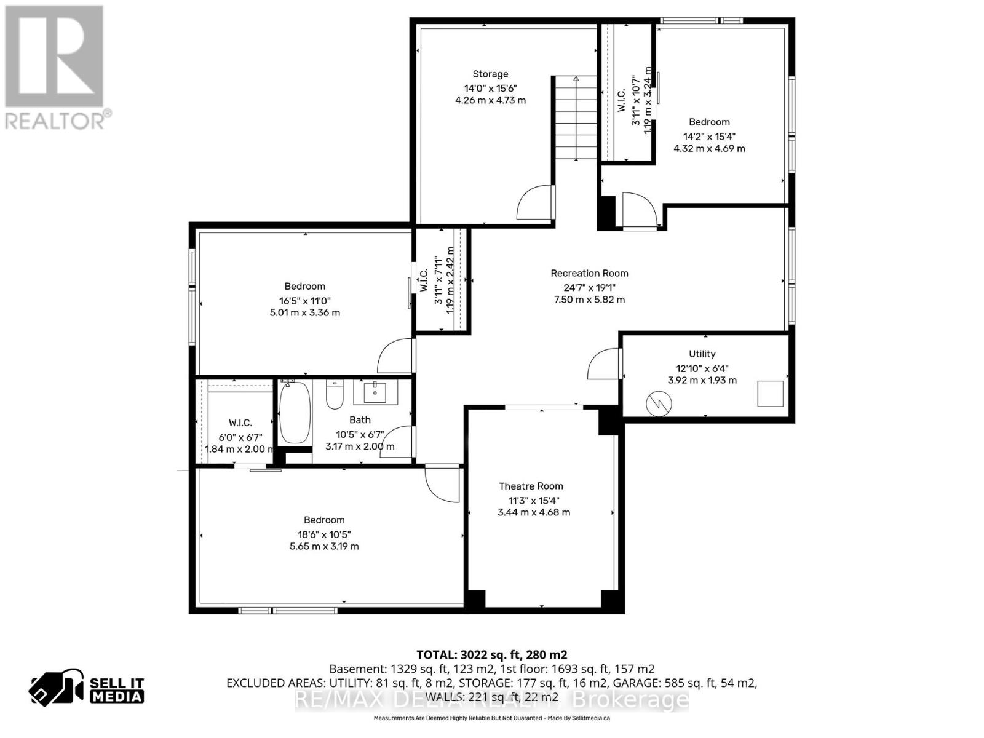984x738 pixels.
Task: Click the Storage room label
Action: [x=490, y=74]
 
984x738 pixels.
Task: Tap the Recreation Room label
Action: [x=589, y=273]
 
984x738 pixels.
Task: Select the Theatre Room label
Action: [x=531, y=486]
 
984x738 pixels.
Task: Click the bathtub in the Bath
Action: [x=294, y=412]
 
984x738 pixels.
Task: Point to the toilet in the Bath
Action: [x=334, y=395]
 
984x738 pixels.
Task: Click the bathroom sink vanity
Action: [x=375, y=392]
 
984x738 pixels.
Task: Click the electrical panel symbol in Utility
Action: [x=659, y=403]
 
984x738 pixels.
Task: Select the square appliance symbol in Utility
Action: [x=770, y=394]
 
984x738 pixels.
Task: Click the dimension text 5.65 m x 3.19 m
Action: [x=324, y=546]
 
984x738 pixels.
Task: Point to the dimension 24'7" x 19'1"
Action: [x=589, y=287]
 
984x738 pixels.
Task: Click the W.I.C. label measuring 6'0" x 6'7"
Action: [x=240, y=423]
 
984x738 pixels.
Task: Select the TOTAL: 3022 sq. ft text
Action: [x=491, y=654]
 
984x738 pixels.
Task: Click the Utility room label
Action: [x=702, y=354]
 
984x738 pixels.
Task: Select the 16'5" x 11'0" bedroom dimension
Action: [x=304, y=301]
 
